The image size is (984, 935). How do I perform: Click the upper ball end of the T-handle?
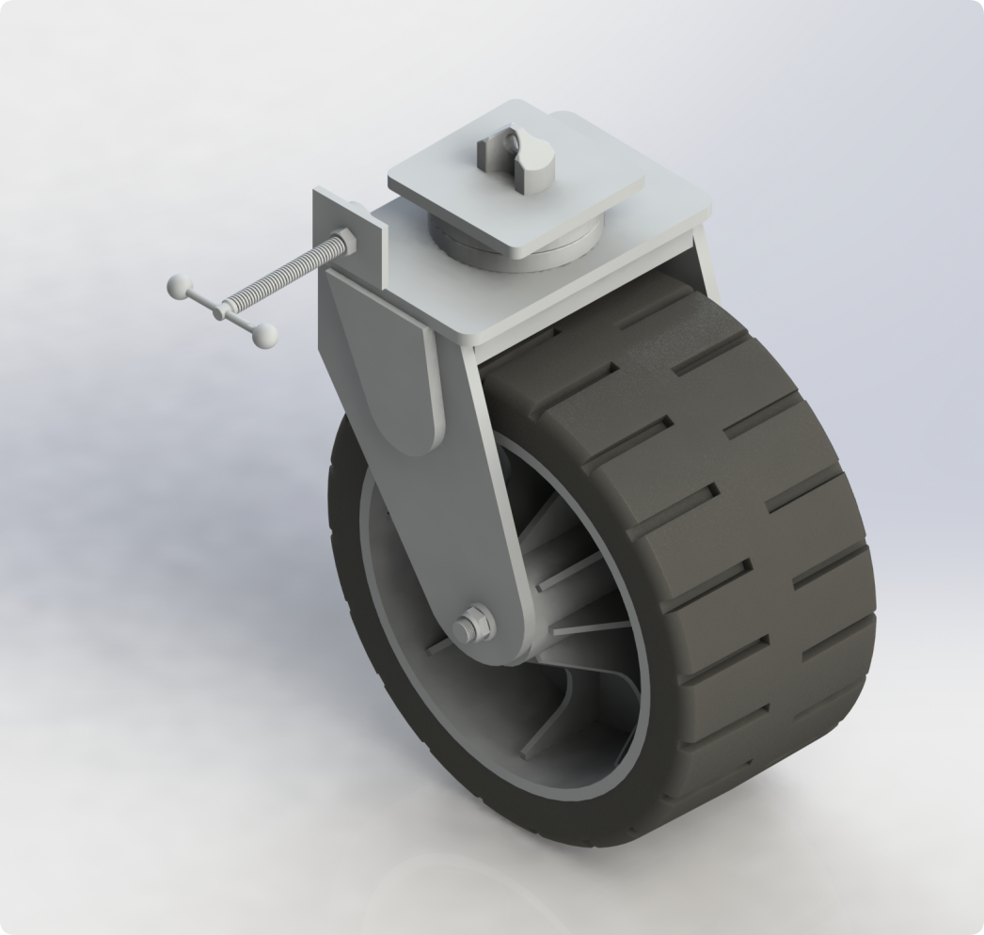[x=175, y=285]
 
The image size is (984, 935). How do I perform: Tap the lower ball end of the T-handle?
[x=267, y=333]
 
